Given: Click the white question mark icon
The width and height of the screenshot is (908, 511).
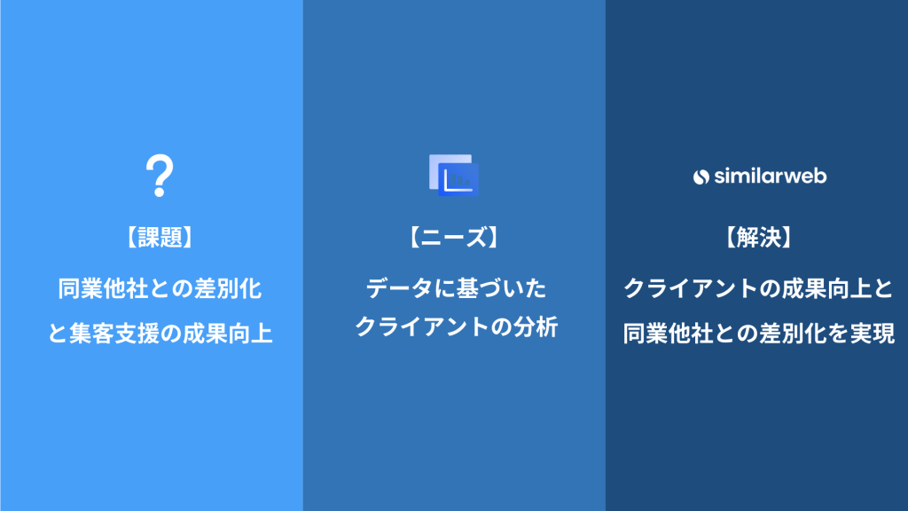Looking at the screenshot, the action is pyautogui.click(x=160, y=176).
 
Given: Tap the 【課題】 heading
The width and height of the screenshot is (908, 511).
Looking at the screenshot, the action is pyautogui.click(x=160, y=238).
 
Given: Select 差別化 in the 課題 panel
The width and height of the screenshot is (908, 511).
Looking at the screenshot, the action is pyautogui.click(x=228, y=288).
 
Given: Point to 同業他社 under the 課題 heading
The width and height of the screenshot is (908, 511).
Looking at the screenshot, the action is pyautogui.click(x=103, y=288).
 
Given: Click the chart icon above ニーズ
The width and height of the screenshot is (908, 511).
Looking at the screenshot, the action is pyautogui.click(x=454, y=175).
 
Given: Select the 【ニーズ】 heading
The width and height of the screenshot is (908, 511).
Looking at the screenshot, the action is pyautogui.click(x=454, y=238).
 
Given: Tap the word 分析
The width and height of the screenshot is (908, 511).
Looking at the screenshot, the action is pyautogui.click(x=536, y=327).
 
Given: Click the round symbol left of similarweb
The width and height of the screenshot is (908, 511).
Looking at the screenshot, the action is pyautogui.click(x=701, y=177).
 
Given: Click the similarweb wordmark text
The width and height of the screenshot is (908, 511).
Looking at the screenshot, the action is pyautogui.click(x=771, y=176).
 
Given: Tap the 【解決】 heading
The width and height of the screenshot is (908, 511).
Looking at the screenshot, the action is pyautogui.click(x=759, y=238).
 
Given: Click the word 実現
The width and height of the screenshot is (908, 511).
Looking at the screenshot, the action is pyautogui.click(x=873, y=334).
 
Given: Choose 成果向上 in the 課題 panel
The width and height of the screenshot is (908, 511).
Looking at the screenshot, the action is pyautogui.click(x=228, y=334).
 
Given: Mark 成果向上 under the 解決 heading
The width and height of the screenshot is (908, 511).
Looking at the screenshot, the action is pyautogui.click(x=827, y=288).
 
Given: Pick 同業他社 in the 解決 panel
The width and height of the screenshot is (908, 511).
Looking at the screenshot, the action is pyautogui.click(x=669, y=334).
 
